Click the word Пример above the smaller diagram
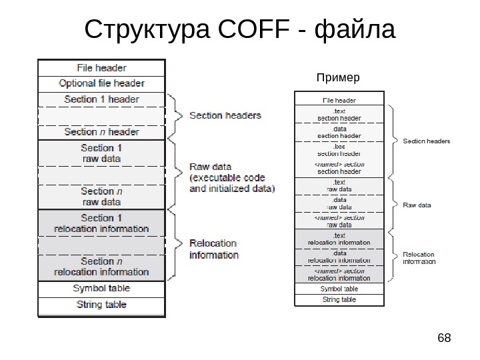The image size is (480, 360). click(338, 78)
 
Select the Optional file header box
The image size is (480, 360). click(101, 83)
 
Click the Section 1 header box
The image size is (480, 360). click(101, 99)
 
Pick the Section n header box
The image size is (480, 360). click(101, 131)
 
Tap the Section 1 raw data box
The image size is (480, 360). click(101, 153)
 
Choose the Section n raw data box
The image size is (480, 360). click(101, 196)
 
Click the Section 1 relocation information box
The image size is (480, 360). click(101, 223)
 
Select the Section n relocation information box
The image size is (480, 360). click(101, 267)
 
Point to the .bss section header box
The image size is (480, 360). click(339, 149)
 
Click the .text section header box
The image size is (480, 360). click(339, 115)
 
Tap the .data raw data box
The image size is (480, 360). click(339, 203)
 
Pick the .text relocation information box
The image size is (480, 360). click(339, 239)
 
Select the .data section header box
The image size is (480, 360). click(339, 132)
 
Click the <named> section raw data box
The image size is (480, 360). click(339, 221)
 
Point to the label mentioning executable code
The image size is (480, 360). click(232, 178)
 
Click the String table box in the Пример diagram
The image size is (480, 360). click(339, 300)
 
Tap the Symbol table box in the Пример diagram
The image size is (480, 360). click(339, 289)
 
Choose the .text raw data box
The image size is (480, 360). click(339, 185)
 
